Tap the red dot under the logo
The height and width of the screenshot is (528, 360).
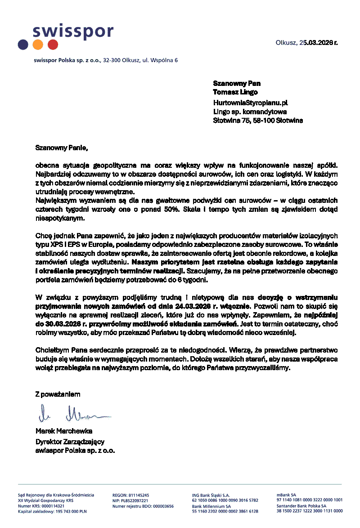53,45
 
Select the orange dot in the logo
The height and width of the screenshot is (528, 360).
38,45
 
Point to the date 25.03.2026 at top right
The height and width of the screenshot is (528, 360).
315,43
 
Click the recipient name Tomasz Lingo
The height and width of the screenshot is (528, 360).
235,92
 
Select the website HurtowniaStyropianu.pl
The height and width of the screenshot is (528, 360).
250,103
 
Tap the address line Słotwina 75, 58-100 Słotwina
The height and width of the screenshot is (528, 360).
258,121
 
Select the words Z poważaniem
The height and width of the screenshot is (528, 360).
58,394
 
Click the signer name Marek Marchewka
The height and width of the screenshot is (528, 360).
64,431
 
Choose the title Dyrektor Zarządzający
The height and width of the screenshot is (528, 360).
70,441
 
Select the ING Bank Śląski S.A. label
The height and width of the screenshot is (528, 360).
211,495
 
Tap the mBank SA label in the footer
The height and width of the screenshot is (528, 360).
286,495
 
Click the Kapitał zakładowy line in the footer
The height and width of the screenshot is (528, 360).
52,511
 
